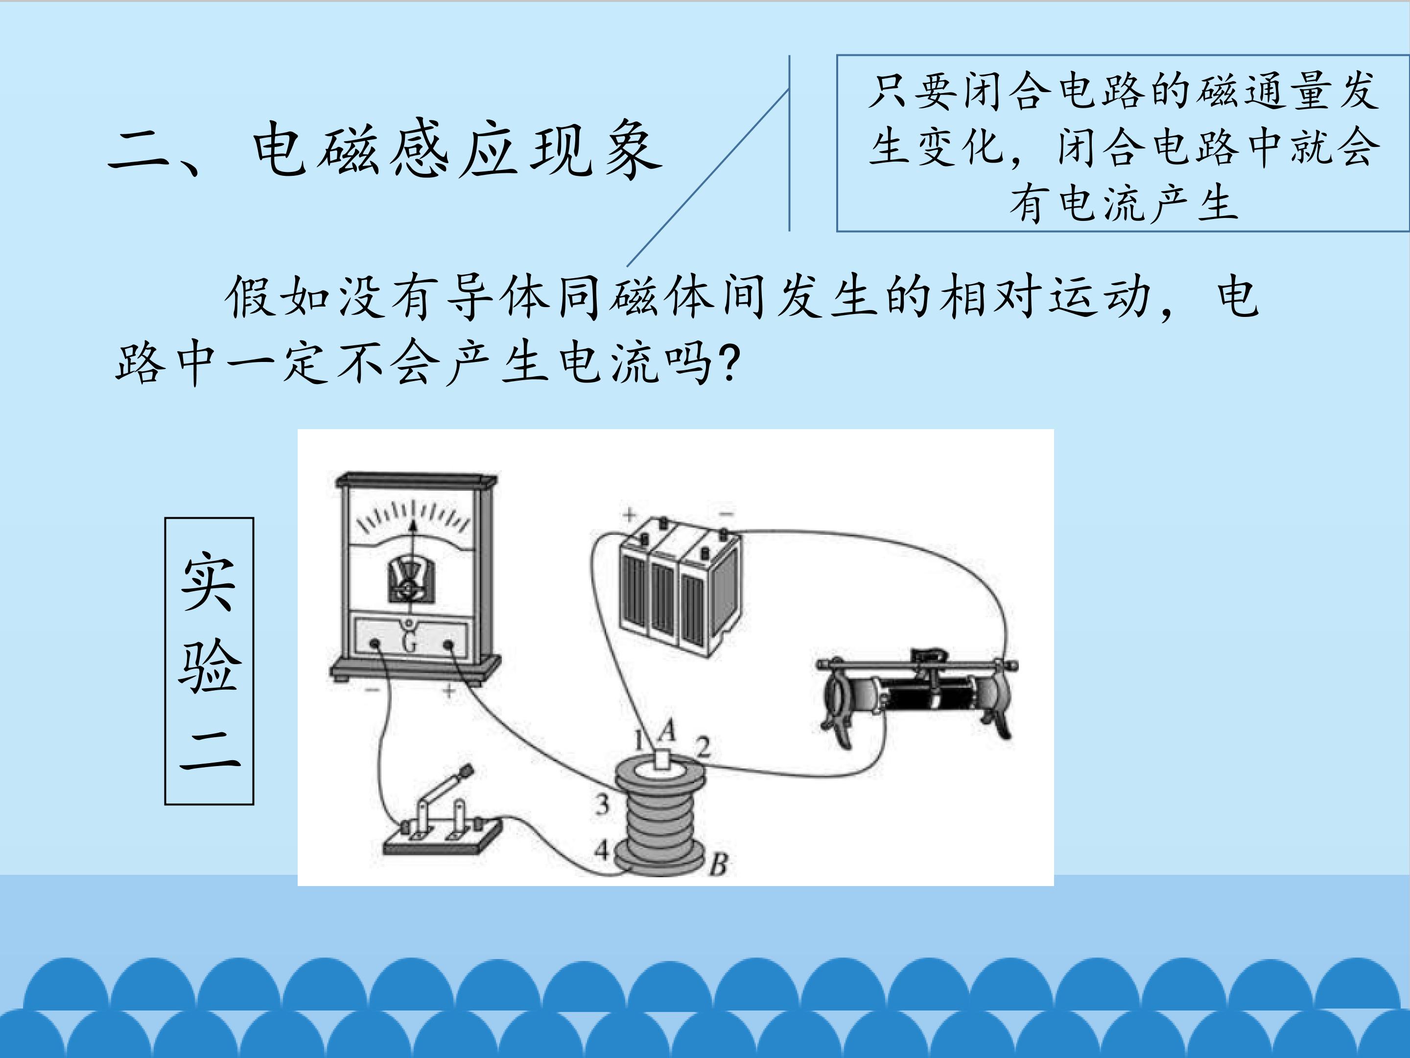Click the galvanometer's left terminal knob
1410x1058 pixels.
click(376, 644)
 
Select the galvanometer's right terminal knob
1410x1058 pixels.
click(448, 646)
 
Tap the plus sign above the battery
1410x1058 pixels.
click(630, 513)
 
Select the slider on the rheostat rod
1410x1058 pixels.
click(930, 656)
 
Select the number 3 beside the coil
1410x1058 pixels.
click(602, 804)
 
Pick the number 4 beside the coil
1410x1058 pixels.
click(602, 850)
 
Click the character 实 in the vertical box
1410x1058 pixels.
click(209, 580)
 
